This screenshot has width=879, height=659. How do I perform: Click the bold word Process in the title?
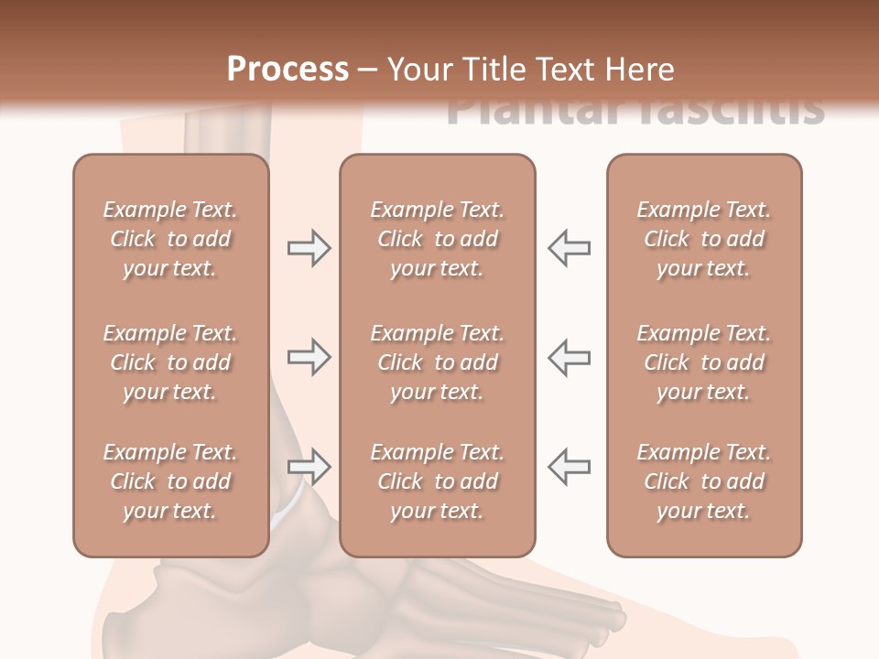click(x=288, y=70)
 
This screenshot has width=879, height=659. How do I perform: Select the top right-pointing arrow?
click(x=309, y=248)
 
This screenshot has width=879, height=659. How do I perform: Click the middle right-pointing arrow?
click(x=309, y=357)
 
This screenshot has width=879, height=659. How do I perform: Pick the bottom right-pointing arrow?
click(x=309, y=467)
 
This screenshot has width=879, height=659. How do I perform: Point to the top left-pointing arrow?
click(x=569, y=248)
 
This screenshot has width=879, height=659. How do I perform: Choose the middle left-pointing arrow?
click(x=569, y=357)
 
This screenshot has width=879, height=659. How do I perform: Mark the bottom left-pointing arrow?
click(x=569, y=467)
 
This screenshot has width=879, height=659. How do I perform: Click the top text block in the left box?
click(x=170, y=239)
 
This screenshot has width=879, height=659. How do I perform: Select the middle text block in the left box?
click(x=170, y=362)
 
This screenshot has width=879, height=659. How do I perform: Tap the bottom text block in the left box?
click(x=170, y=481)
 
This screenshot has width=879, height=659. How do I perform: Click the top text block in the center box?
click(x=437, y=239)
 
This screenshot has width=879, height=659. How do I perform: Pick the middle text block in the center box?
click(x=437, y=362)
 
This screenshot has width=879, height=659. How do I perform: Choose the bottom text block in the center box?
click(x=437, y=481)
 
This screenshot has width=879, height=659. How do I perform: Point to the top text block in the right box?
click(x=703, y=239)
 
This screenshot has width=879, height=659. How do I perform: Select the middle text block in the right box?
click(x=703, y=362)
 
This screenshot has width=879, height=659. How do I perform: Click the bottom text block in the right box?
click(x=703, y=481)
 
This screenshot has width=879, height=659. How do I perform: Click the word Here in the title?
click(x=639, y=70)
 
